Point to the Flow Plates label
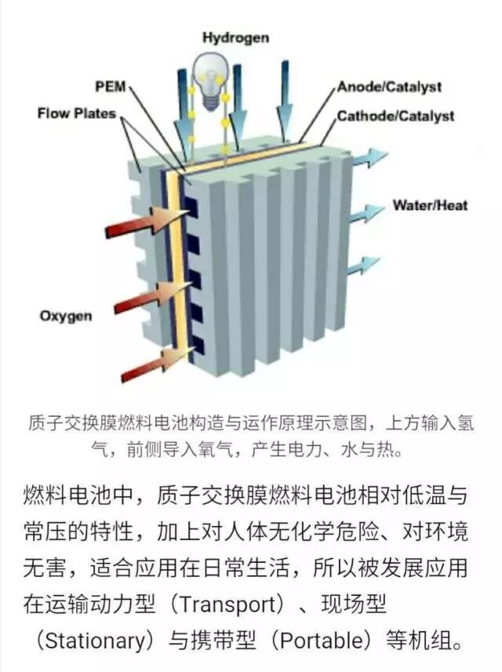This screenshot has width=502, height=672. [76, 114]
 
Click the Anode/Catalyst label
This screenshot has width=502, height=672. [389, 87]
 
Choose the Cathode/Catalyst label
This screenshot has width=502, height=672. [395, 116]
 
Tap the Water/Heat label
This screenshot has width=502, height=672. [430, 206]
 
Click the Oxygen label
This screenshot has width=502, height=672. [66, 316]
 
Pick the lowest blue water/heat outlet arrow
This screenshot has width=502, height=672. [363, 265]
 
